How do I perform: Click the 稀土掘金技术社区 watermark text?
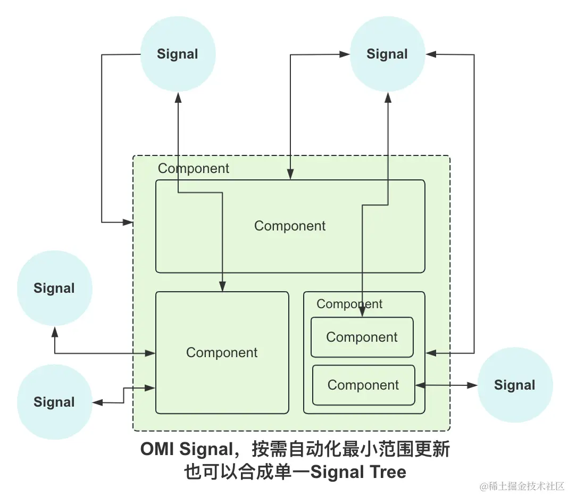pyautogui.click(x=526, y=486)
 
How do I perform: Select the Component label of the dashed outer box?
pyautogui.click(x=194, y=168)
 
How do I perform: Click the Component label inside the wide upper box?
pyautogui.click(x=290, y=226)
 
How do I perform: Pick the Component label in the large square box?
pyautogui.click(x=222, y=352)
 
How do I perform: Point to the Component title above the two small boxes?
pyautogui.click(x=349, y=304)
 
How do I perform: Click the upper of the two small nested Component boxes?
pyautogui.click(x=362, y=337)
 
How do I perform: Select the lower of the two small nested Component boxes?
pyautogui.click(x=363, y=385)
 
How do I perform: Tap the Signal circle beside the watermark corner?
pyautogui.click(x=515, y=385)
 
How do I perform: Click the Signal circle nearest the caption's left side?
pyautogui.click(x=55, y=402)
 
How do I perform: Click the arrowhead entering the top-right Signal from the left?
pyautogui.click(x=345, y=54)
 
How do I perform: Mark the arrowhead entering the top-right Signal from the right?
pyautogui.click(x=431, y=54)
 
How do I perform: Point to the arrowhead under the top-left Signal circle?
pyautogui.click(x=178, y=97)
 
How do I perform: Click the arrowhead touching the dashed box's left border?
pyautogui.click(x=128, y=222)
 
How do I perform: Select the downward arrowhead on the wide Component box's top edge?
pyautogui.click(x=290, y=175)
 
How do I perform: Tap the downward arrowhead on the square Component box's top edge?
pyautogui.click(x=222, y=286)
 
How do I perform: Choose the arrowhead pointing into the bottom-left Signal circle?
pyautogui.click(x=98, y=402)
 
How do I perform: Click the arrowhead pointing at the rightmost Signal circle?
pyautogui.click(x=472, y=385)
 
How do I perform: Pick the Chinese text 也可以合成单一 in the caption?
pyautogui.click(x=247, y=472)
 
